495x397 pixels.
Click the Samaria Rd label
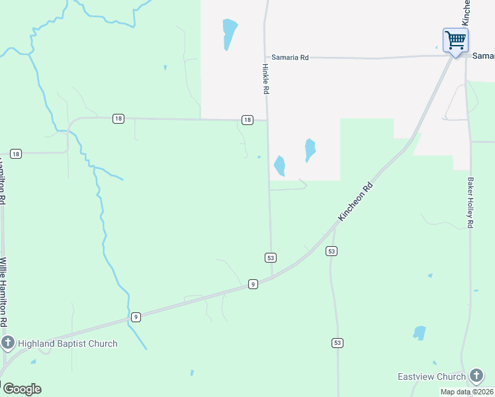click(287, 58)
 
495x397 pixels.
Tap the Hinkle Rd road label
click(265, 79)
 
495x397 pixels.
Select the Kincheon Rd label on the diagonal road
click(355, 202)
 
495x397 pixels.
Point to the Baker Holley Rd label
click(471, 202)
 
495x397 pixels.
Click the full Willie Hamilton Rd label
click(3, 291)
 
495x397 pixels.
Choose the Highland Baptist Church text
click(67, 343)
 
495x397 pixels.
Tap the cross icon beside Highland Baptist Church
click(8, 343)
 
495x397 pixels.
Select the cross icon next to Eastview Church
click(476, 376)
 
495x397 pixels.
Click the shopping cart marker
click(455, 40)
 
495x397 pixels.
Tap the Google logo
click(22, 389)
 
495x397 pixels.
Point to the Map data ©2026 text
click(467, 392)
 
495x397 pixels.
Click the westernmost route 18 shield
click(16, 154)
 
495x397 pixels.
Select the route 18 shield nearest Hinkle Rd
click(247, 120)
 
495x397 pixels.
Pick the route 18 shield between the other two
click(118, 118)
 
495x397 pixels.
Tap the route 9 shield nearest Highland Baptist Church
click(135, 317)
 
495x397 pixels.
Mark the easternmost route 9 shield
click(253, 284)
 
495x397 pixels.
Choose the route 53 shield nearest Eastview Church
click(337, 342)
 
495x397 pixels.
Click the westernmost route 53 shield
click(270, 257)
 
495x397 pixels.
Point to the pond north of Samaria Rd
click(229, 33)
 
